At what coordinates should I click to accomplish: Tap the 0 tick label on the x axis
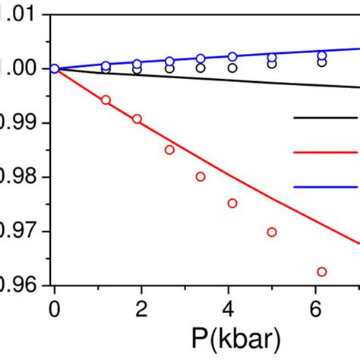[54, 308]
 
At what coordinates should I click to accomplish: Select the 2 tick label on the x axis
[141, 308]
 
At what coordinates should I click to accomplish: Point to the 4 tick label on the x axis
[227, 308]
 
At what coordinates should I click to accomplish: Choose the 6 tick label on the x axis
[314, 308]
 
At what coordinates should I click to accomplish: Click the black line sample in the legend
[326, 118]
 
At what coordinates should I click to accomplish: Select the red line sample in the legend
[326, 152]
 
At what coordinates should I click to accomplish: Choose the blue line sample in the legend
[326, 186]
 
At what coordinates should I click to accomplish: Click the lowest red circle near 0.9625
[321, 272]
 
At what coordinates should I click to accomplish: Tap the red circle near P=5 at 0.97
[272, 232]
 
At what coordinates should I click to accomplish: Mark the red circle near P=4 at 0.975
[232, 203]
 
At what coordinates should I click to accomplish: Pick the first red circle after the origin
[106, 100]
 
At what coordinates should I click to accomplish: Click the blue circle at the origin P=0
[54, 68]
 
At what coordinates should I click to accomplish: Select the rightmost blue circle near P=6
[321, 55]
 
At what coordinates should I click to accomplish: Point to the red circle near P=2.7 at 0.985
[169, 150]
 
